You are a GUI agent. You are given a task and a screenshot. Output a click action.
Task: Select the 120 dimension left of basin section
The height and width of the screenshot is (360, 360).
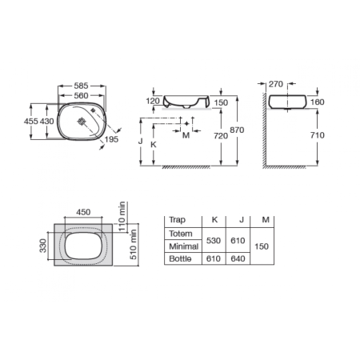pyautogui.click(x=152, y=102)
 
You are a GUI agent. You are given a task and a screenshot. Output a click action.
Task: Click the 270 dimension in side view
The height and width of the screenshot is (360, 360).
pyautogui.click(x=275, y=82)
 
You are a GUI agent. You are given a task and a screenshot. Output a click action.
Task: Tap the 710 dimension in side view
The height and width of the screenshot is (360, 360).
pyautogui.click(x=317, y=135)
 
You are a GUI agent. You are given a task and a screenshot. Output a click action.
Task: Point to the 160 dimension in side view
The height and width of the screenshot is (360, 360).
pyautogui.click(x=317, y=102)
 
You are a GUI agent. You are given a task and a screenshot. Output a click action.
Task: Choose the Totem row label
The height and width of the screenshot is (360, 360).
pyautogui.click(x=181, y=234)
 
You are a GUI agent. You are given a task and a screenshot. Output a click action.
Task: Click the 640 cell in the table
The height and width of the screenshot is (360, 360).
pyautogui.click(x=238, y=260)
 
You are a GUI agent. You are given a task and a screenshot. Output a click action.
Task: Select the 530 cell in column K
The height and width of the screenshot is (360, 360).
pyautogui.click(x=213, y=240)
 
